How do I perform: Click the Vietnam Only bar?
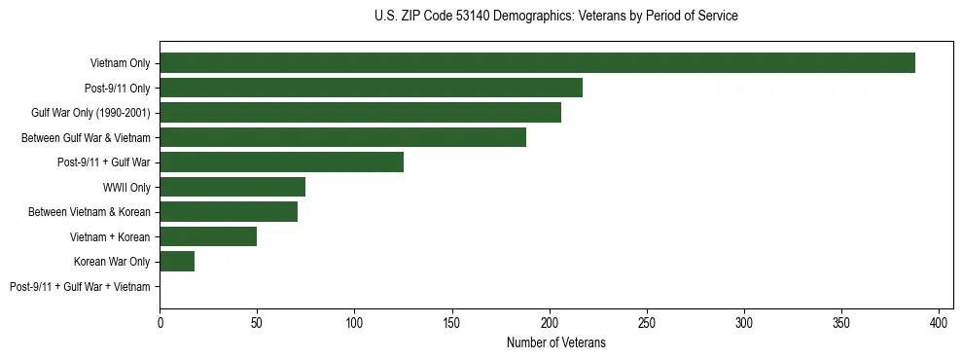(537, 63)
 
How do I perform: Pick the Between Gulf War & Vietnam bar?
(342, 137)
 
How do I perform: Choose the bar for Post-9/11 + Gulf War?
(281, 162)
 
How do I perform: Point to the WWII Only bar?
(232, 187)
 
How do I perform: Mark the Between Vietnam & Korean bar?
(229, 212)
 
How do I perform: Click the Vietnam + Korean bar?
(208, 236)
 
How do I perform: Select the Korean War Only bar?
(177, 262)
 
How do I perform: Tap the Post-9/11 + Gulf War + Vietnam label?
(80, 287)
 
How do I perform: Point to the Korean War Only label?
(112, 262)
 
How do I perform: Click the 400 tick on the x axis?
(939, 321)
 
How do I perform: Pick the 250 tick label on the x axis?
(647, 321)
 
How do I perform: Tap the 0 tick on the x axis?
(160, 321)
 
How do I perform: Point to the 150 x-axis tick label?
(451, 321)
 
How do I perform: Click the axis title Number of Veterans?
(556, 342)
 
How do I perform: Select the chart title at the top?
(556, 17)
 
